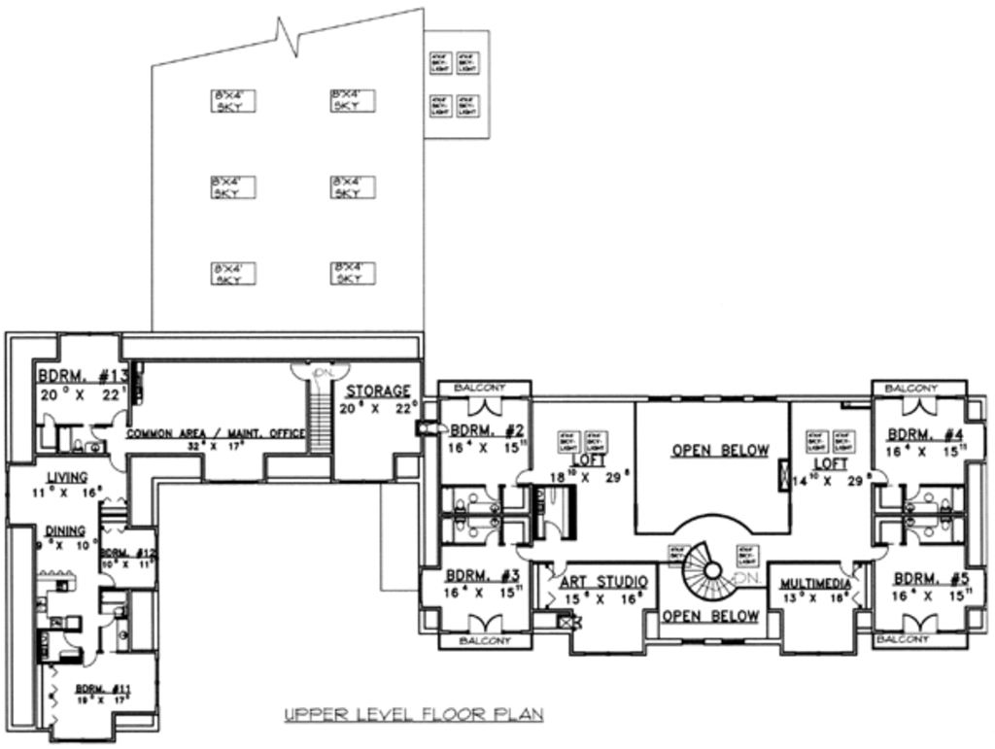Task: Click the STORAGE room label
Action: click(377, 391)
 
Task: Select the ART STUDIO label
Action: click(603, 582)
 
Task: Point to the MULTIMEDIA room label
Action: click(816, 584)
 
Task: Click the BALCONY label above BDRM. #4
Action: click(912, 389)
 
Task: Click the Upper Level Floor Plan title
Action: click(413, 715)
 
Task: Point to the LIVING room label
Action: click(67, 477)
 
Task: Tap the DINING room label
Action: click(65, 530)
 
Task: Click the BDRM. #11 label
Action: click(104, 689)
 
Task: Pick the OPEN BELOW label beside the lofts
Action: click(720, 451)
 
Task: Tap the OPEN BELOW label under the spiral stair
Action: click(710, 616)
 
